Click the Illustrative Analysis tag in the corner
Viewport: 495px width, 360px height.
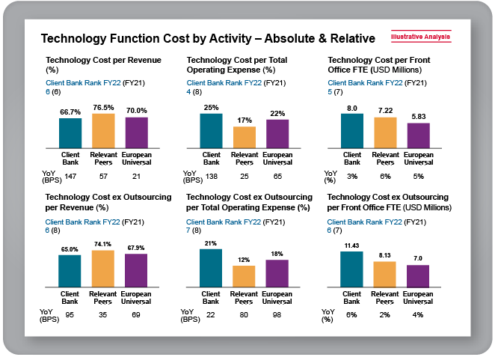421,36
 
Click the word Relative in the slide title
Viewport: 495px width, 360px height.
348,38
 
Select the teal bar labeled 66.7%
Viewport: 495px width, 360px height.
70,133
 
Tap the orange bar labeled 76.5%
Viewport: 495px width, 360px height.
103,131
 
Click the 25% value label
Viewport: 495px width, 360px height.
212,108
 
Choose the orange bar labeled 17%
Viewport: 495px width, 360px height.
245,137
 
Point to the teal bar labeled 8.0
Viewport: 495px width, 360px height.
352,131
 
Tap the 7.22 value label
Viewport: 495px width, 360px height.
385,111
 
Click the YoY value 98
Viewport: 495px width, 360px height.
277,314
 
